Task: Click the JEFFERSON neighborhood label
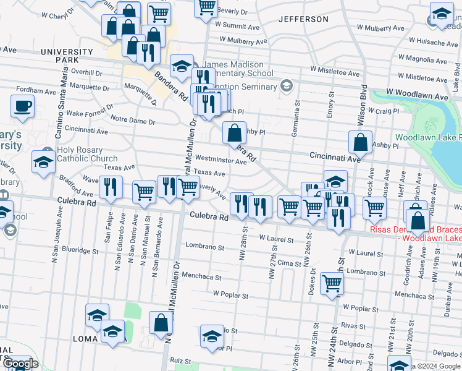[303, 19]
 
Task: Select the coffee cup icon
[23, 106]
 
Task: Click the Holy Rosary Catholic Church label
[86, 154]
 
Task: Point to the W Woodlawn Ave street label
[418, 97]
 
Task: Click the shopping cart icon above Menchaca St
[332, 283]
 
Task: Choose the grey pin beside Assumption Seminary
[286, 85]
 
